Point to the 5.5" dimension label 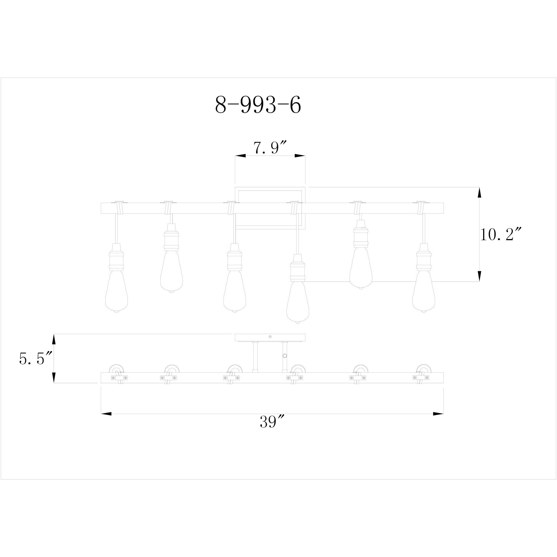click(35, 359)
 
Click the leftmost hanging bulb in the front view click(116, 291)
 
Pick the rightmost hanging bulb click(423, 291)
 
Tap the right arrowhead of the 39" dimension click(438, 414)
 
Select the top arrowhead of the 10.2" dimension click(479, 192)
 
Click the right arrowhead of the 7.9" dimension click(300, 156)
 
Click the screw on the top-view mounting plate click(270, 336)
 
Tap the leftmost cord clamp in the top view click(119, 378)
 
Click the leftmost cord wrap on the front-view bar click(119, 208)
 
